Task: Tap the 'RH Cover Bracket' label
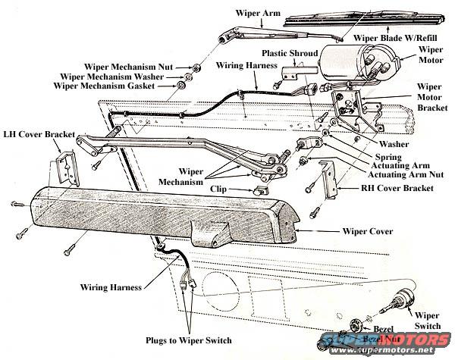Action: (389, 187)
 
